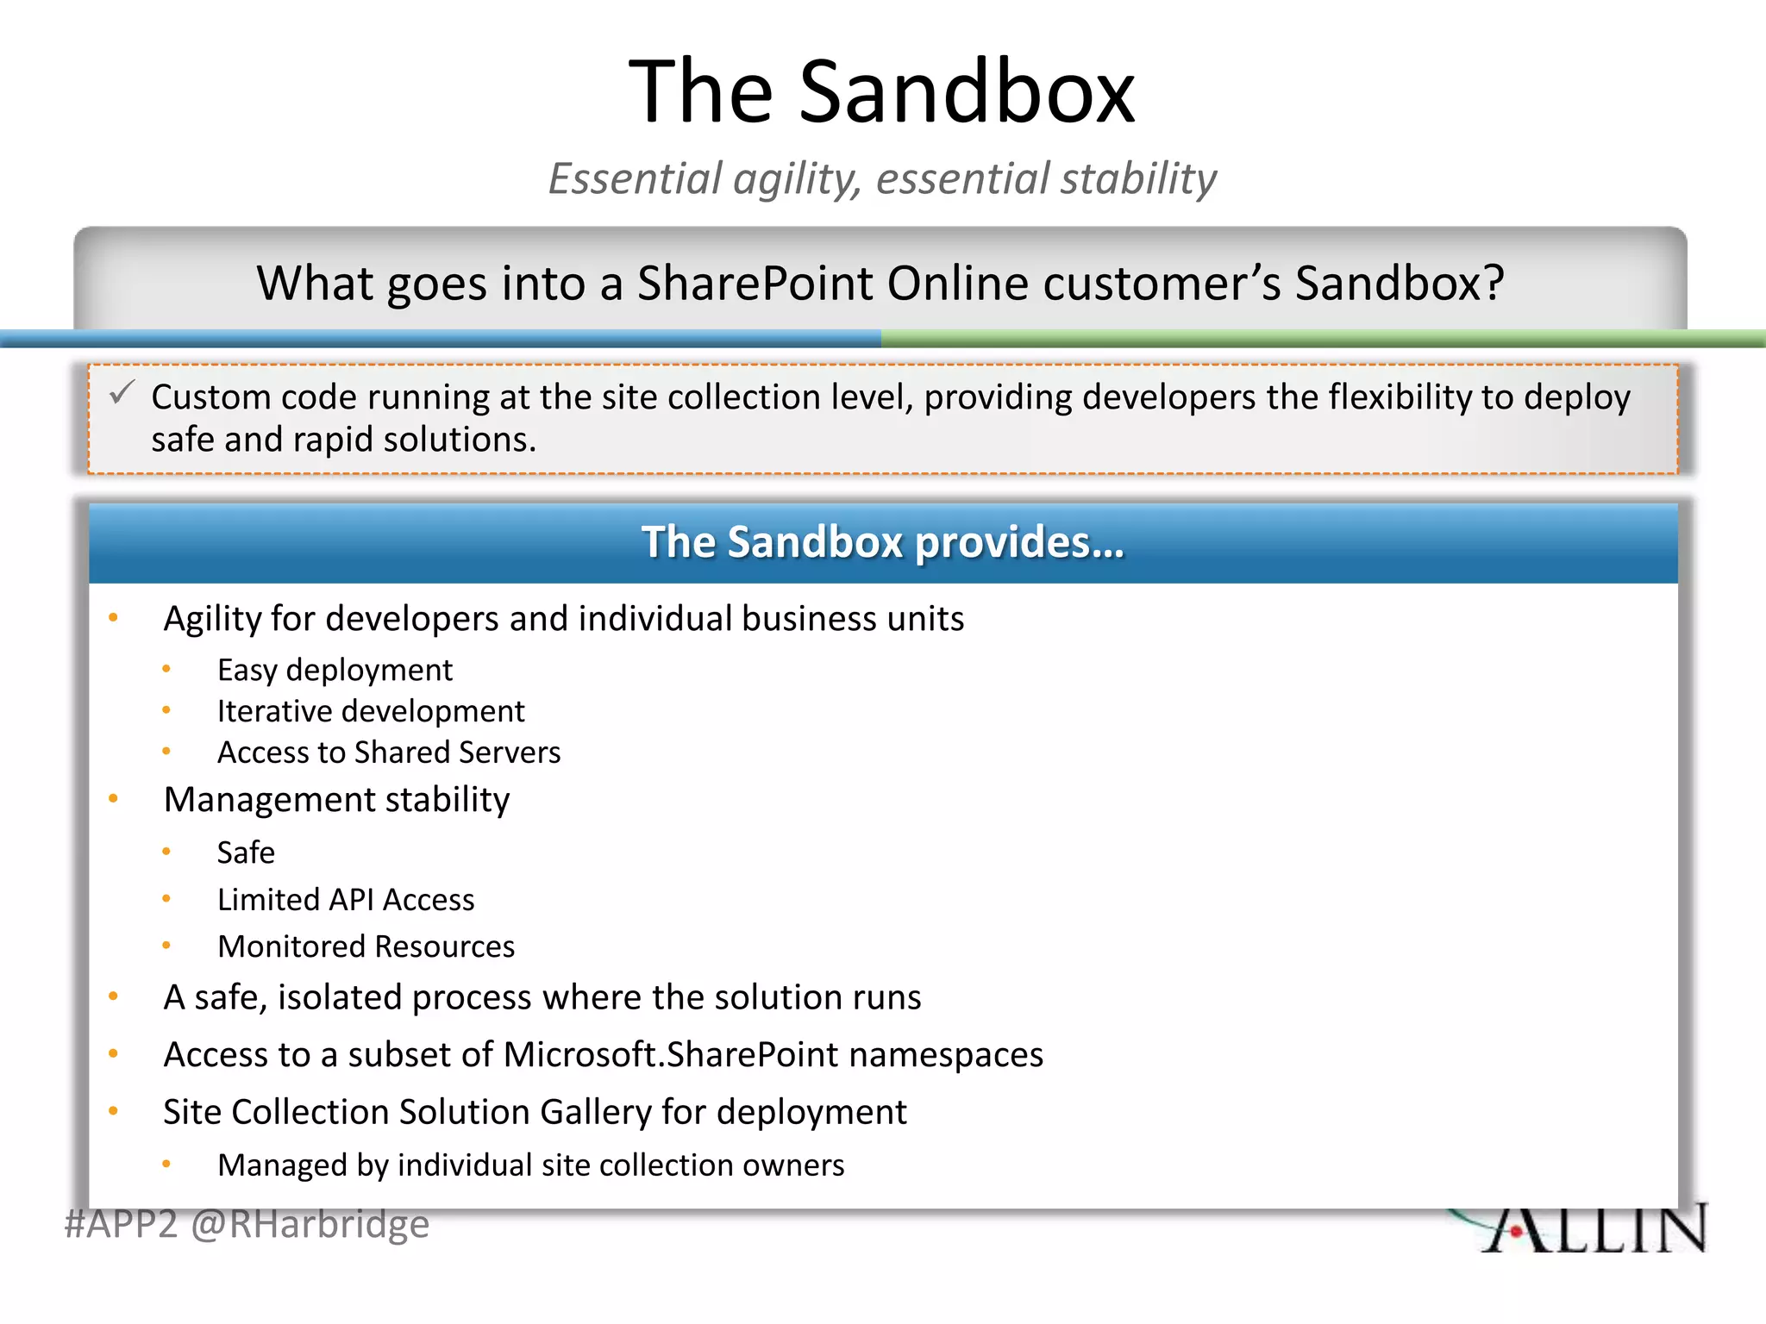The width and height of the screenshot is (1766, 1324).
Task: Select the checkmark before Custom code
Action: click(122, 393)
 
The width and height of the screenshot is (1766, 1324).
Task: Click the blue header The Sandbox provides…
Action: click(883, 542)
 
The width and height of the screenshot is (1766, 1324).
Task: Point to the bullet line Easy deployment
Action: click(335, 670)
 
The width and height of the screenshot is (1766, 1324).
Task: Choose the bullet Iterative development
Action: click(371, 711)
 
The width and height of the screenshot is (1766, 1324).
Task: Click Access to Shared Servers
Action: click(389, 753)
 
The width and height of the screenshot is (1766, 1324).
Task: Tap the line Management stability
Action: click(336, 799)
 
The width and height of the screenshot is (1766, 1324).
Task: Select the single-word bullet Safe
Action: click(246, 852)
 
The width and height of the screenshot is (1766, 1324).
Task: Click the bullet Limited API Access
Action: click(346, 900)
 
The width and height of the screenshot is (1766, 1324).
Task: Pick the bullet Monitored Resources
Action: click(366, 946)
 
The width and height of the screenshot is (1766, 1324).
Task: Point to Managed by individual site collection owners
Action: click(530, 1165)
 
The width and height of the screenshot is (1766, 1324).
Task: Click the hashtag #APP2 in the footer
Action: click(121, 1225)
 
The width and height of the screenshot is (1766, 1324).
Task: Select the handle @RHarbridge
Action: click(310, 1225)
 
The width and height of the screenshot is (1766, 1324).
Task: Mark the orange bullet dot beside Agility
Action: click(113, 617)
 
